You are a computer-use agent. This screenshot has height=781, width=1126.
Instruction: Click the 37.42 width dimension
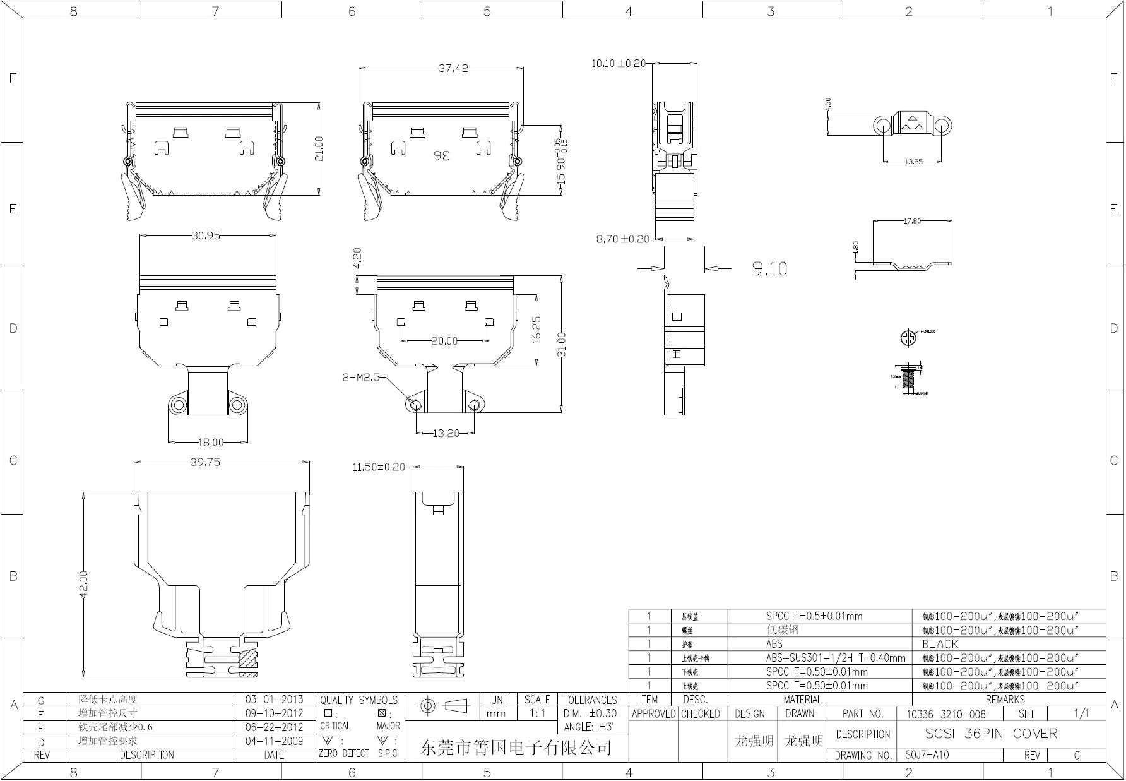(453, 68)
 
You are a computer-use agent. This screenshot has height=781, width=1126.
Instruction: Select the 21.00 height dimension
(319, 148)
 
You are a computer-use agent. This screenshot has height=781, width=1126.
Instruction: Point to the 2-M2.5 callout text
(361, 378)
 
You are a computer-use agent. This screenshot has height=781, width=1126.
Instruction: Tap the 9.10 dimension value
(769, 269)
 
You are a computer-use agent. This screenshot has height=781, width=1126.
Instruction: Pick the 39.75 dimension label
(205, 462)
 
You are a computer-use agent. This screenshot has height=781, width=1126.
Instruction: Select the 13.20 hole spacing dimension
(446, 433)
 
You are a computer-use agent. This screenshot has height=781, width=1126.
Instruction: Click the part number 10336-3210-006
(945, 714)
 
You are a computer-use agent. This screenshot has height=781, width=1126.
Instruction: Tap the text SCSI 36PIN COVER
(990, 734)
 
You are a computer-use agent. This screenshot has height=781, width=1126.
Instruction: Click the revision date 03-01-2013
(274, 700)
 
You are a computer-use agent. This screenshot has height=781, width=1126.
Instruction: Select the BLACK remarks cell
(940, 644)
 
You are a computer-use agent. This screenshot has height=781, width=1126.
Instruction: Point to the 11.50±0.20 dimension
(379, 467)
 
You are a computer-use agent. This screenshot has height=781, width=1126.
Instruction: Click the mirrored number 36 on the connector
(442, 155)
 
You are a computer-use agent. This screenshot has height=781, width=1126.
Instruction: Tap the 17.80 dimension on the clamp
(912, 221)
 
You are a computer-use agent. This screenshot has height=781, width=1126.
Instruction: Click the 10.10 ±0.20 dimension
(619, 63)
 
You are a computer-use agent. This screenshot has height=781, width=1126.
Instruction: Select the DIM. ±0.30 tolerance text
(590, 713)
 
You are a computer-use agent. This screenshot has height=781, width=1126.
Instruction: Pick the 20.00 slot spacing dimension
(444, 341)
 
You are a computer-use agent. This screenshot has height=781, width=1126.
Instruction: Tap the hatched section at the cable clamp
(248, 659)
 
